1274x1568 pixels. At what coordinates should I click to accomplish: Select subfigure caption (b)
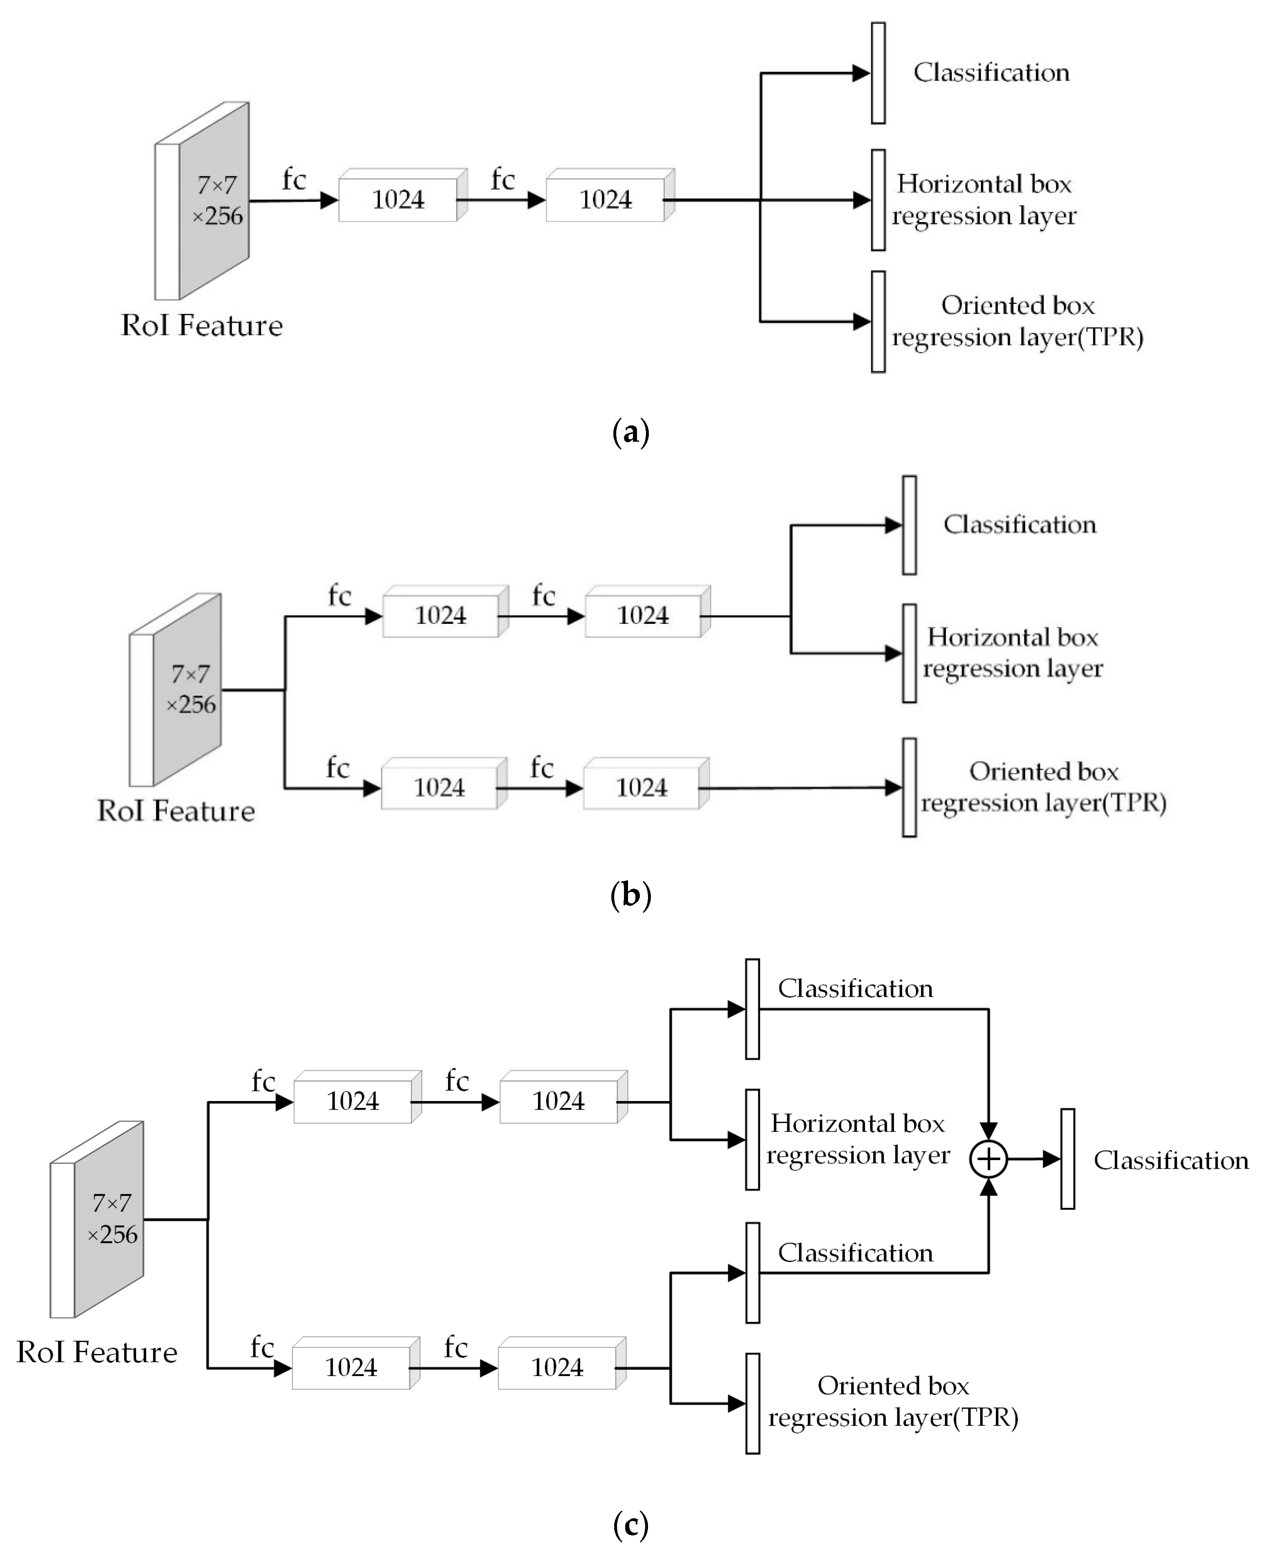point(630,895)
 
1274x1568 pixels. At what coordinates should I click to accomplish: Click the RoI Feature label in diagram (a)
point(202,325)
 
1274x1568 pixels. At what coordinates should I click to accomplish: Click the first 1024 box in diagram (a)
point(398,199)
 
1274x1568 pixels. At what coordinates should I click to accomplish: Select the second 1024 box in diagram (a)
point(606,199)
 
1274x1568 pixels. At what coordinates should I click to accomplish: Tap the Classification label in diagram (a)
point(991,72)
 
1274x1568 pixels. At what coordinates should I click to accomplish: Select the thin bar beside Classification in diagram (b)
point(909,525)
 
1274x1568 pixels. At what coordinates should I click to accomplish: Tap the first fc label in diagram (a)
point(294,179)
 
